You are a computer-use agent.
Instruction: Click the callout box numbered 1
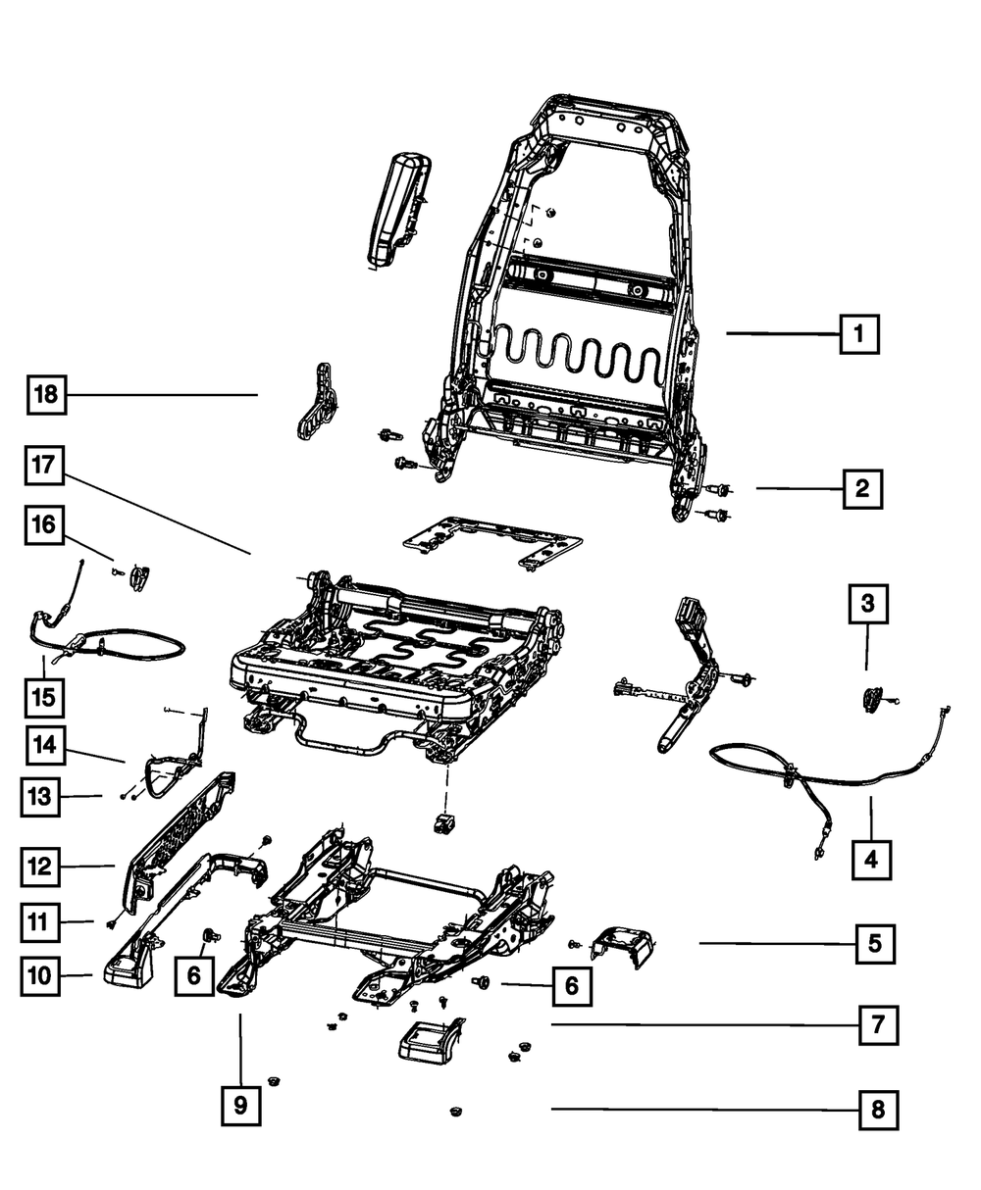click(x=859, y=334)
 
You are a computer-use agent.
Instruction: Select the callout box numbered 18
click(x=47, y=394)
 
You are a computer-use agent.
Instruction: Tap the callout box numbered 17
click(x=44, y=466)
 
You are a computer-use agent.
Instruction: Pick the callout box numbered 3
click(x=867, y=604)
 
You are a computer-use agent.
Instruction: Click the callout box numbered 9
click(x=240, y=1106)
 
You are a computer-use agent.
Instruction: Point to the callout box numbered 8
click(x=878, y=1110)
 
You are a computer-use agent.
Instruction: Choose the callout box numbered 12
click(x=40, y=867)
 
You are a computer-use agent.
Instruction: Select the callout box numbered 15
click(x=44, y=698)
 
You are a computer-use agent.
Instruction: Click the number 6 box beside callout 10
click(x=194, y=975)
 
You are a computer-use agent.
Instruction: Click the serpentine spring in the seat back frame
click(x=576, y=355)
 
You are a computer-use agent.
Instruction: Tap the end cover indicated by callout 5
click(x=623, y=946)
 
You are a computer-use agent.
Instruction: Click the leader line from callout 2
click(x=800, y=488)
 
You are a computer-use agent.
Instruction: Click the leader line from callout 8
click(x=705, y=1109)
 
